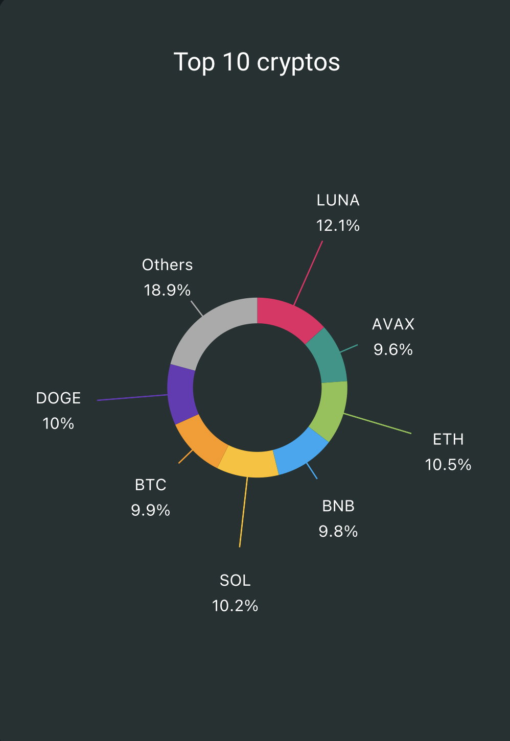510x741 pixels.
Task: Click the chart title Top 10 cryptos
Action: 257,62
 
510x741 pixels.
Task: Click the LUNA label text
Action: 338,201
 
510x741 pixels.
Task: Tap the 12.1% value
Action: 338,226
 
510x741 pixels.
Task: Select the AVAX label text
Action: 393,324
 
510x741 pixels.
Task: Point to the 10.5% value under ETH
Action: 448,464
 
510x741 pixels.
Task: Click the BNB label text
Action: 338,506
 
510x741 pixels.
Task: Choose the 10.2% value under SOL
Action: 235,606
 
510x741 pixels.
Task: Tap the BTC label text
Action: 151,485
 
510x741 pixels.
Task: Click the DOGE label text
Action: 58,398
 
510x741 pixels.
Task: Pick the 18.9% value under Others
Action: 167,290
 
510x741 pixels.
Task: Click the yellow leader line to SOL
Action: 244,512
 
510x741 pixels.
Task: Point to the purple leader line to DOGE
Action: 132,397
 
